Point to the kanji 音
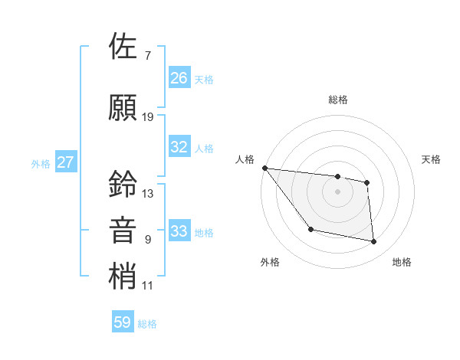123,230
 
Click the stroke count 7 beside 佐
147,56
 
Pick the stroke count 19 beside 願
148,117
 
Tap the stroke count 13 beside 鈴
148,194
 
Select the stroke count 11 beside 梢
148,286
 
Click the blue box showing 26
179,77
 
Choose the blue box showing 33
179,231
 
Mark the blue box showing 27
66,162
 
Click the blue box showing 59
123,322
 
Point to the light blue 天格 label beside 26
204,79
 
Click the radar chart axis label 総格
338,100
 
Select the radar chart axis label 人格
245,159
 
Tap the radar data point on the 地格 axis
374,242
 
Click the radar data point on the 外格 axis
310,229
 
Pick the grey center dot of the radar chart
338,191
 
